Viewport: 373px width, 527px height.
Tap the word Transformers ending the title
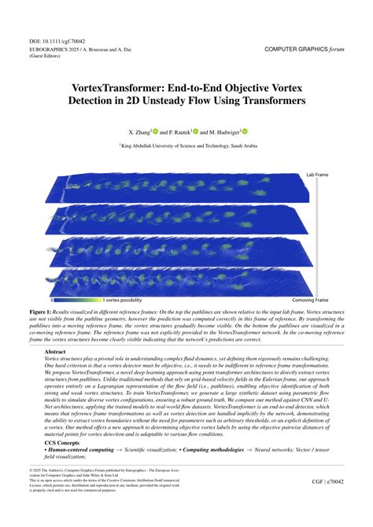(257, 101)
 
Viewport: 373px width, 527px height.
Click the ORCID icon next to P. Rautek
(195, 131)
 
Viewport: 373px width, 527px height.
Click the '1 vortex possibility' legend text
(122, 300)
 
